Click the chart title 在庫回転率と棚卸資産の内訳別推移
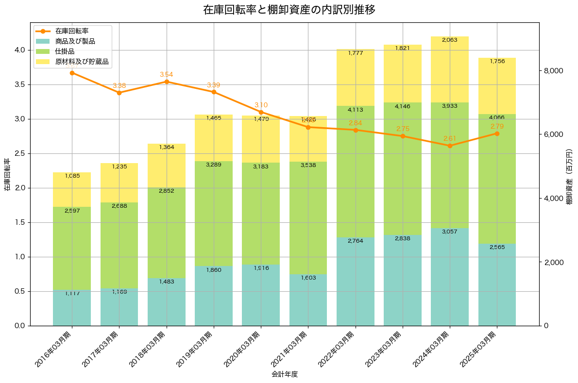point(289,10)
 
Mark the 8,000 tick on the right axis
point(553,71)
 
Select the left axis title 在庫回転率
point(7,174)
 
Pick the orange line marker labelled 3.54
point(167,82)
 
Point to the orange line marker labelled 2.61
point(450,146)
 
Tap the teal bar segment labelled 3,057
point(450,277)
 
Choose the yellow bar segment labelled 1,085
point(72,190)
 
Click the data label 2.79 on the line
point(497,126)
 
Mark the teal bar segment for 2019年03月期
point(214,296)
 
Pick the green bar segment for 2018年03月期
point(167,233)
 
